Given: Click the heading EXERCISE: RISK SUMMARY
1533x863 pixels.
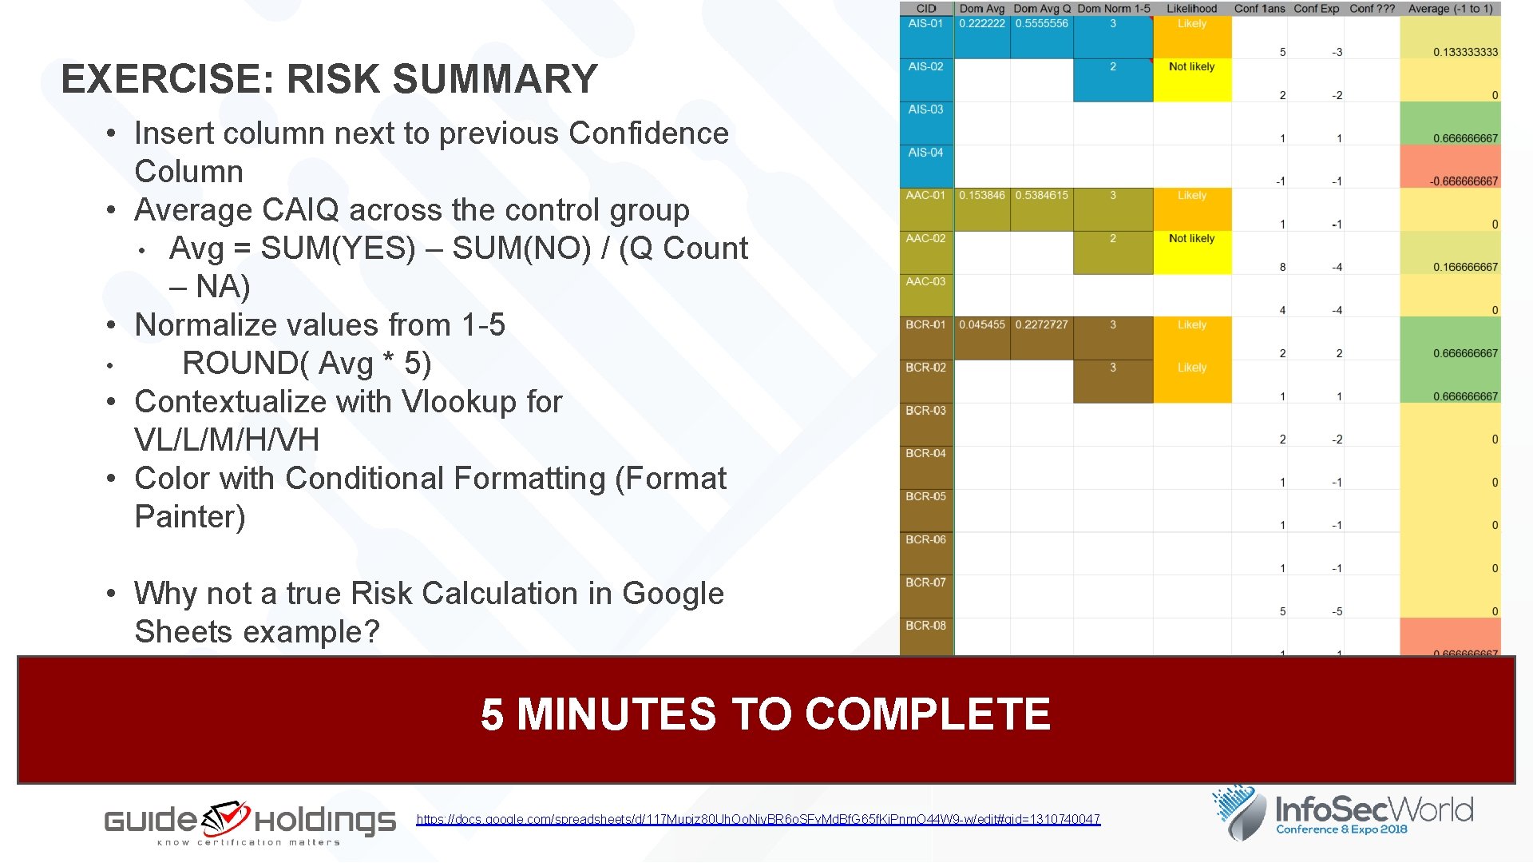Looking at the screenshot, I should [x=329, y=79].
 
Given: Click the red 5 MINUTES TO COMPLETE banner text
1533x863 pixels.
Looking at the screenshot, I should [x=765, y=714].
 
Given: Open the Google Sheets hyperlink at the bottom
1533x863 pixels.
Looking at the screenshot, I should [x=758, y=819].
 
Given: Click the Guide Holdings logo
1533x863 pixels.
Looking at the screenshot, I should [x=250, y=821].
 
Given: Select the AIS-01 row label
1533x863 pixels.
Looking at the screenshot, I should [x=925, y=24].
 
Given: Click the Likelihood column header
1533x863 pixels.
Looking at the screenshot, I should [x=1191, y=9].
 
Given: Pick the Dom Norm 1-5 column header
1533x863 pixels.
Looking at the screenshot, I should [x=1113, y=9].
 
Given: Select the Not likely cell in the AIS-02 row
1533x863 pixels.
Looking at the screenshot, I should [x=1191, y=67].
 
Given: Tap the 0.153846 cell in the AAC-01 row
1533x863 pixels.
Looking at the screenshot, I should [x=981, y=196].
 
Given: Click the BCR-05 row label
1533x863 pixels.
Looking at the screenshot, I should [x=925, y=497].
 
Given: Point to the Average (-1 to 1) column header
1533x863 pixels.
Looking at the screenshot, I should [x=1450, y=9].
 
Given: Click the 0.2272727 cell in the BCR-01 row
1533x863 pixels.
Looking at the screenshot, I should [x=1041, y=325].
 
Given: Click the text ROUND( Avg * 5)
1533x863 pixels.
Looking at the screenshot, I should [x=307, y=364].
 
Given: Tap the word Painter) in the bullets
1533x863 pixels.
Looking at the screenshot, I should [x=190, y=517].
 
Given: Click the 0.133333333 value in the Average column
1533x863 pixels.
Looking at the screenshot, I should [x=1464, y=52].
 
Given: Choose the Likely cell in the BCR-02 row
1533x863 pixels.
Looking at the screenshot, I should [x=1191, y=368].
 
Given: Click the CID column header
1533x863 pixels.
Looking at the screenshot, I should [x=925, y=9].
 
